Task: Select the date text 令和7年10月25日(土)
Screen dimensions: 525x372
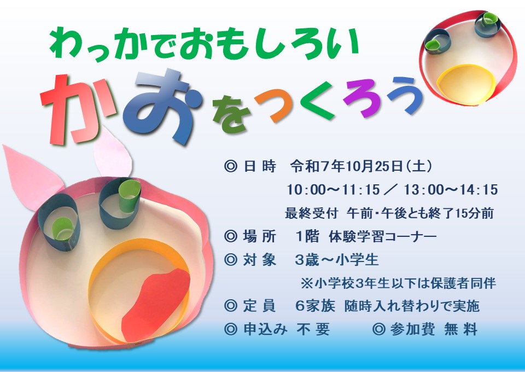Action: [x=361, y=166]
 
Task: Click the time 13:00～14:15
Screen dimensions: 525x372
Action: [x=451, y=190]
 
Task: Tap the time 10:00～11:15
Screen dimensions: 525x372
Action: [x=334, y=190]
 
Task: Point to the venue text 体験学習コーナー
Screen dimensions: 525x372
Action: [x=383, y=237]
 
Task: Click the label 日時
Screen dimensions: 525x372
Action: [x=259, y=166]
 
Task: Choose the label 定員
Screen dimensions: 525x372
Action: [x=259, y=306]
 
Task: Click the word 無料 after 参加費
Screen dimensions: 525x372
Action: [x=460, y=329]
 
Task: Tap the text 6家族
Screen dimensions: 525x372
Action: [x=315, y=306]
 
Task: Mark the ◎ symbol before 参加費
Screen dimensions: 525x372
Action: [x=378, y=329]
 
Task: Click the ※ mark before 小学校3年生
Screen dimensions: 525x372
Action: [x=306, y=283]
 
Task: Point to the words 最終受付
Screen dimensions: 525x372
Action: [x=311, y=213]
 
